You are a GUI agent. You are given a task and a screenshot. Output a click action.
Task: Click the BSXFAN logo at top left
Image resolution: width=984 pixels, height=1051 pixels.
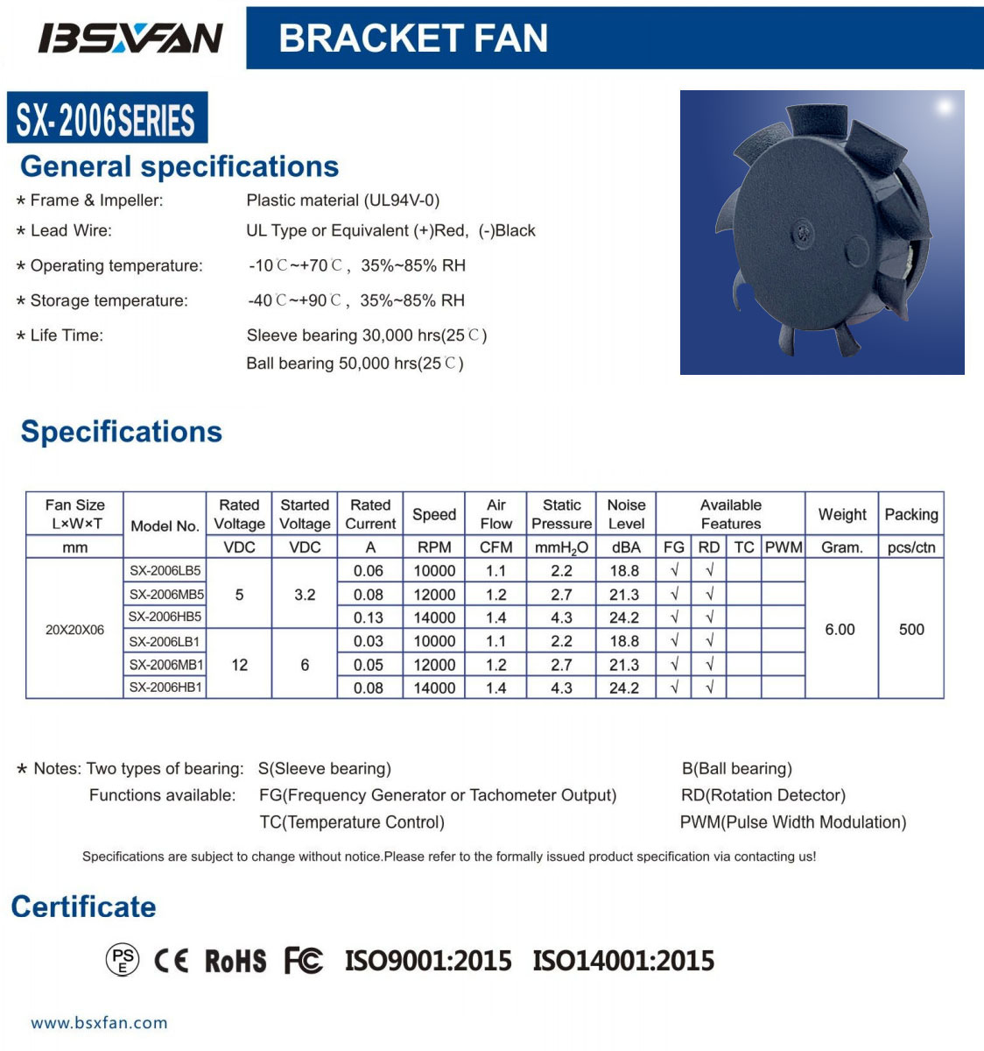point(130,38)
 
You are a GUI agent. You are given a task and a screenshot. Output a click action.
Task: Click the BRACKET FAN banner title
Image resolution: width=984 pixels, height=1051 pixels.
point(413,39)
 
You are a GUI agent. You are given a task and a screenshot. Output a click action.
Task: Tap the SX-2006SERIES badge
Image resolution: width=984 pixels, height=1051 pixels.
point(106,119)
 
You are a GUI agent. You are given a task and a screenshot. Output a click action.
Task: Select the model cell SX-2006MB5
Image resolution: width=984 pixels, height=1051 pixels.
point(166,594)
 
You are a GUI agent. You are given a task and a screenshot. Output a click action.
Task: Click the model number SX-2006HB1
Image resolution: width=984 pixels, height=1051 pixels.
point(166,688)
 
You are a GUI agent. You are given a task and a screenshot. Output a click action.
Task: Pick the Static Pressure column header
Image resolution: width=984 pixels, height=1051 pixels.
point(561,514)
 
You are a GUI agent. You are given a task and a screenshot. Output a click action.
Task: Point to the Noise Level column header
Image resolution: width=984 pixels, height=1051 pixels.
point(626,514)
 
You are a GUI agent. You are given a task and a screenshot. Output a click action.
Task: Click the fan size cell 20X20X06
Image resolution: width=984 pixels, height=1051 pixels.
point(74,629)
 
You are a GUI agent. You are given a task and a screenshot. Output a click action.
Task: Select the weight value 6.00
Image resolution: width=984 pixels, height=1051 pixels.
point(840,629)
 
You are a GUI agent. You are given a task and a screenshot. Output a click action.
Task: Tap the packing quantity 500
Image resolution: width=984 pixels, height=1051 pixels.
point(911,629)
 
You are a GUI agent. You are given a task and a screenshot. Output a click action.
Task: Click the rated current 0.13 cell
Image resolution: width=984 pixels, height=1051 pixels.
point(369,617)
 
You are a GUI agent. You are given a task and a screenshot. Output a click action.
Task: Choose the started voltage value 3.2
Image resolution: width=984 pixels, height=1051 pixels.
point(305,595)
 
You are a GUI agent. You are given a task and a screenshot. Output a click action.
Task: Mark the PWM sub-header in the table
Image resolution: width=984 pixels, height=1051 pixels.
point(784,547)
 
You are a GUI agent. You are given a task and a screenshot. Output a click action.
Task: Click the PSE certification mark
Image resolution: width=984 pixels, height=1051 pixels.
point(123,961)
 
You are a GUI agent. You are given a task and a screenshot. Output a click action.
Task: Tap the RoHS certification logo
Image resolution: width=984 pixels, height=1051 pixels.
point(235,961)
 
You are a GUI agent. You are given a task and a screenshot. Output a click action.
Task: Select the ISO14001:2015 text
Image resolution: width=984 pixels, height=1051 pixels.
point(623,961)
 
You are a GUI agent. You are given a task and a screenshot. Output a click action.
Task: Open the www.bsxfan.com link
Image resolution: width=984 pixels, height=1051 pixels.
point(99,1022)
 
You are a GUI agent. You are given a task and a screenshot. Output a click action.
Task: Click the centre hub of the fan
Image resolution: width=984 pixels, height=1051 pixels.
point(803,232)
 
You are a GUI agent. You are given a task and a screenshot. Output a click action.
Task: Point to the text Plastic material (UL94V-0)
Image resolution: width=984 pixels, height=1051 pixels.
point(343,201)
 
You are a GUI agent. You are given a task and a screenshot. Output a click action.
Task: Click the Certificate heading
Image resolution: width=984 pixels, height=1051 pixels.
point(83,906)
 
